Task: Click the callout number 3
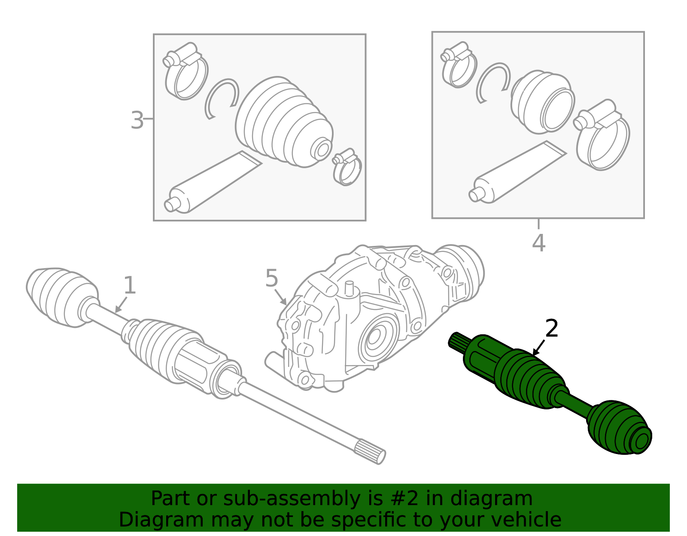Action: point(137,121)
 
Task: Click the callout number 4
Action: point(538,243)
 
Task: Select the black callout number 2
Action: point(552,329)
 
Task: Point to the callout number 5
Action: point(271,279)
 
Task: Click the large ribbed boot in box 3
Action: point(283,122)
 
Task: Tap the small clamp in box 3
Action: point(347,167)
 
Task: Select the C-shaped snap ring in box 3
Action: point(222,98)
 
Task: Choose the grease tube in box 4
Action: point(515,174)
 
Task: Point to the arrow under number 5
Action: point(281,297)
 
